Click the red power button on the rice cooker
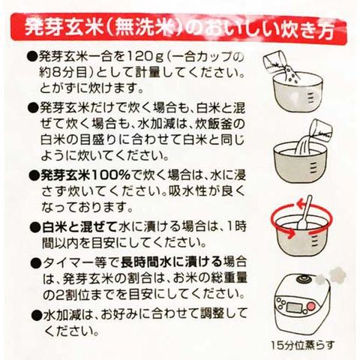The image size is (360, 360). pyautogui.click(x=311, y=305)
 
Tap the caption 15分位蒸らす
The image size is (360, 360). pyautogui.click(x=303, y=346)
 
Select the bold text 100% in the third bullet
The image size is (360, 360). pyautogui.click(x=111, y=175)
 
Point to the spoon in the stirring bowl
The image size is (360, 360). pyautogui.click(x=304, y=212)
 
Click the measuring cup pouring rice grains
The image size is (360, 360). pyautogui.click(x=275, y=62)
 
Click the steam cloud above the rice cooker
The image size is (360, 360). pyautogui.click(x=331, y=275)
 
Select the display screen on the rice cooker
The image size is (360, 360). pyautogui.click(x=295, y=307)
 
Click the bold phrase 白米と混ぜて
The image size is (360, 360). pyautogui.click(x=79, y=226)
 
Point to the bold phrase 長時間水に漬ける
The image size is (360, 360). pyautogui.click(x=172, y=262)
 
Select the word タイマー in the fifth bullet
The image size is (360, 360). pyautogui.click(x=72, y=262)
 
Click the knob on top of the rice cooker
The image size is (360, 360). pyautogui.click(x=301, y=277)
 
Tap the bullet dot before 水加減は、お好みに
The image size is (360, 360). pyautogui.click(x=37, y=314)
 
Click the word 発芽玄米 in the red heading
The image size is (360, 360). pyautogui.click(x=64, y=29)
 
